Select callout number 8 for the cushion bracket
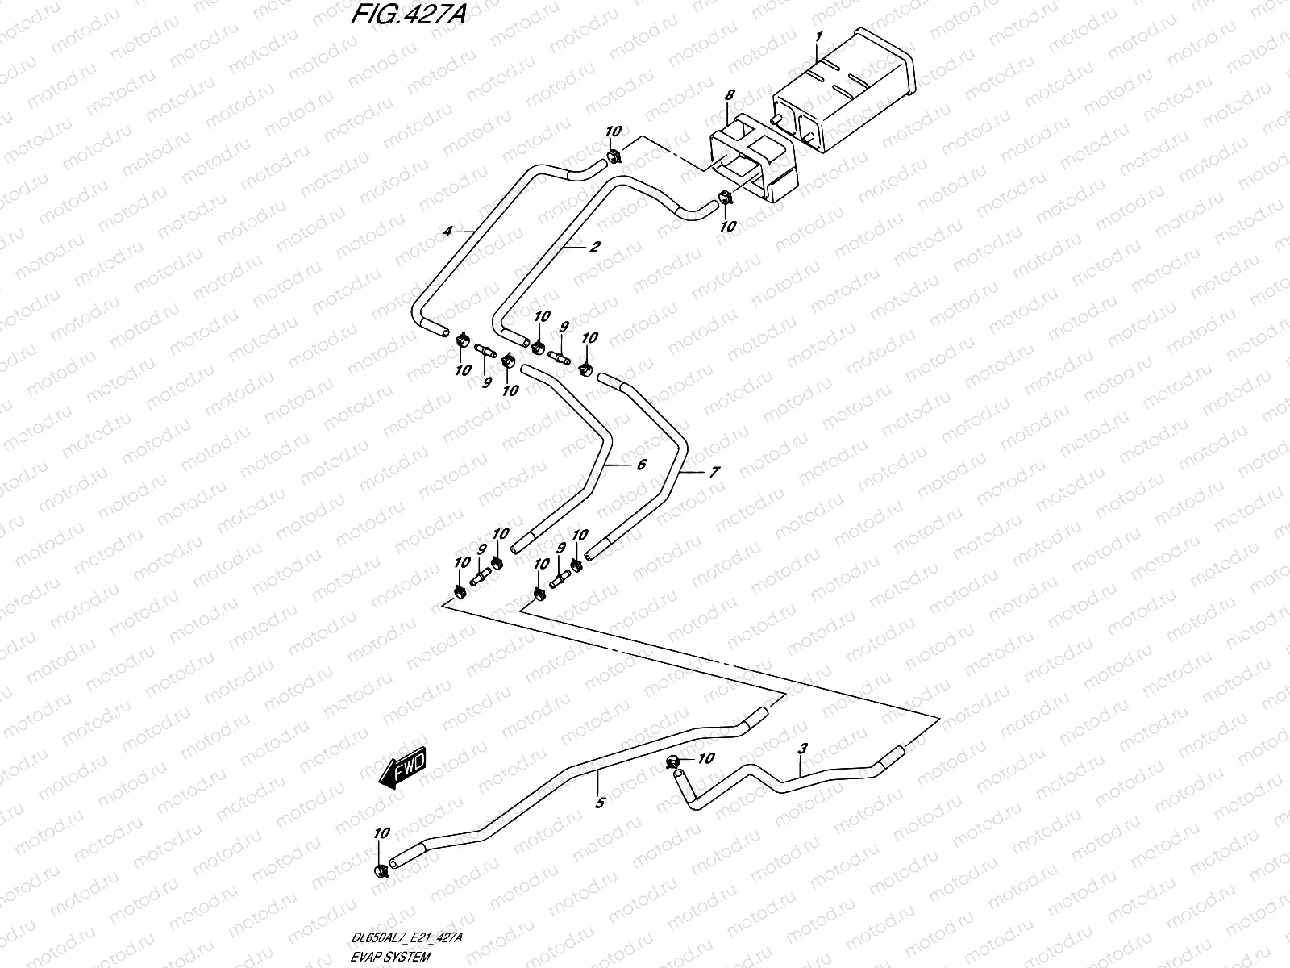point(729,95)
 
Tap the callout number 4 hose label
point(447,232)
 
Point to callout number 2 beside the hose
point(594,248)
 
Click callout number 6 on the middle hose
point(641,465)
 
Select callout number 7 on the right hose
point(714,474)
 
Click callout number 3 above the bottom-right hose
point(801,749)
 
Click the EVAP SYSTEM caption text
point(391,957)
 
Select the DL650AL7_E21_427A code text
point(407,938)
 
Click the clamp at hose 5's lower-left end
point(381,870)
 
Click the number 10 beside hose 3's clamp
point(706,758)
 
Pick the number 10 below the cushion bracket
point(727,227)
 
